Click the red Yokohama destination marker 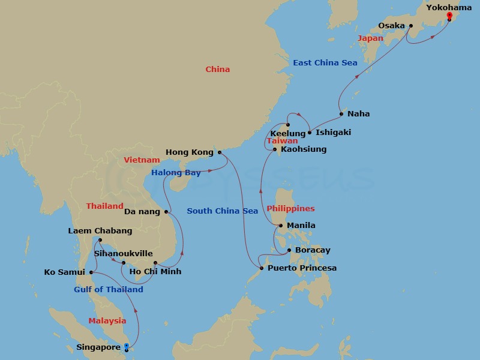(449, 16)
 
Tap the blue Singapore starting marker (126, 346)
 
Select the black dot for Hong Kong (219, 152)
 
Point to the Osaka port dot (411, 26)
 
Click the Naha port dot (341, 114)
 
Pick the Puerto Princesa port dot (261, 268)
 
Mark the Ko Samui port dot (91, 272)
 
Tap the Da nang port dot (166, 211)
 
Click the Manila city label (301, 226)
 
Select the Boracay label (313, 250)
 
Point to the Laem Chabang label (100, 230)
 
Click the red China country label (218, 69)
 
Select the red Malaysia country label (107, 321)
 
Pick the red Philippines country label (291, 209)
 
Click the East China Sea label (325, 62)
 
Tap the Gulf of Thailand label (109, 289)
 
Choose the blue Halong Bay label (176, 173)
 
